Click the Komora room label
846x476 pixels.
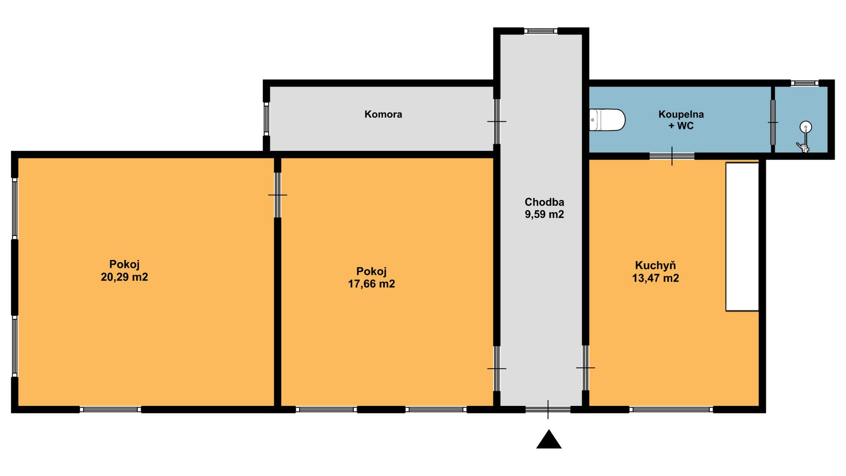pos(383,115)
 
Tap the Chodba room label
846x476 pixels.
pos(544,202)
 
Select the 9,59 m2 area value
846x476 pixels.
pos(544,215)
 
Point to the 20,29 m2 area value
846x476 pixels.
pos(124,277)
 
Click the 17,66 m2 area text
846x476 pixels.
pos(371,284)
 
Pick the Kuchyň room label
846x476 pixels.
pos(655,265)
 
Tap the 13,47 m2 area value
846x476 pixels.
pos(655,278)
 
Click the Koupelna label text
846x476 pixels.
pos(681,115)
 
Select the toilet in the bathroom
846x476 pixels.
pos(607,120)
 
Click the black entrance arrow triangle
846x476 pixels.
pos(549,439)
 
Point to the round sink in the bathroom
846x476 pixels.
pos(806,127)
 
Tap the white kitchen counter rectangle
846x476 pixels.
pos(742,237)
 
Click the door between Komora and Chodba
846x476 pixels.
pos(497,121)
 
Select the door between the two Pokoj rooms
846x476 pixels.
pos(278,195)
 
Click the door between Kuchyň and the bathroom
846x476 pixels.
pos(672,156)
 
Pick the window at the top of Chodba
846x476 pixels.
pos(541,31)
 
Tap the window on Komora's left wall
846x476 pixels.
pos(266,119)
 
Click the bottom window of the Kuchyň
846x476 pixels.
pos(671,409)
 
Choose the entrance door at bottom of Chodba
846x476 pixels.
pos(548,409)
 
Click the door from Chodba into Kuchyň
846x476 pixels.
pos(586,368)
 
